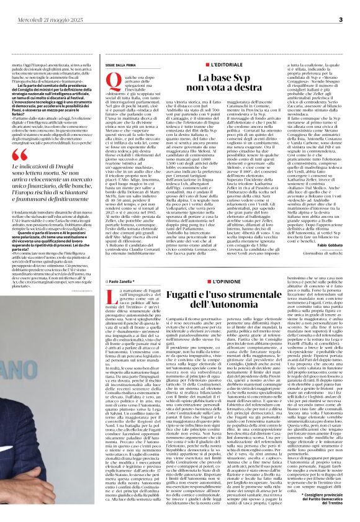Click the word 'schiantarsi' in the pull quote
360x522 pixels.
(103, 206)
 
